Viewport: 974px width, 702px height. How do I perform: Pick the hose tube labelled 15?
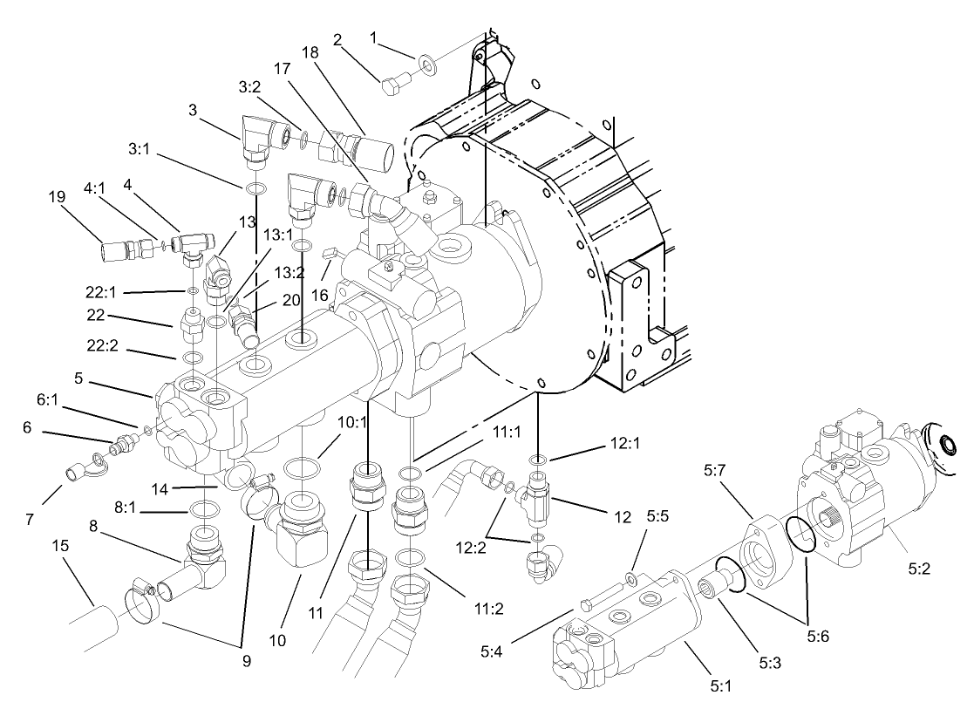pyautogui.click(x=92, y=628)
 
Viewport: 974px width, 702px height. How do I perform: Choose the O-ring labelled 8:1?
pyautogui.click(x=202, y=508)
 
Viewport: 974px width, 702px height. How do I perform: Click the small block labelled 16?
pyautogui.click(x=330, y=254)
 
